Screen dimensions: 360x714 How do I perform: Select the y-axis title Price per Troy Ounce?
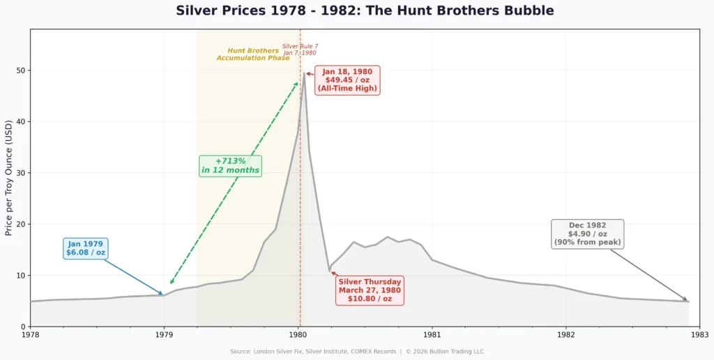tap(9, 177)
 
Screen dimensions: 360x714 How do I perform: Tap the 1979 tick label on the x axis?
tap(164, 336)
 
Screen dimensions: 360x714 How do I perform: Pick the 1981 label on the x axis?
tap(432, 336)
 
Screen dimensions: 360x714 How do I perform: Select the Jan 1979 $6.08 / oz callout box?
tap(86, 248)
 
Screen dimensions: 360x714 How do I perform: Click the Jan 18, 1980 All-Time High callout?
tap(347, 80)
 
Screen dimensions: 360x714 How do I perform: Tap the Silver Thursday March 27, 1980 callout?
tap(370, 290)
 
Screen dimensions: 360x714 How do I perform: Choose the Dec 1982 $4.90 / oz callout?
tap(587, 234)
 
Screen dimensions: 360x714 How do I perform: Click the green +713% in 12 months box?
tap(230, 165)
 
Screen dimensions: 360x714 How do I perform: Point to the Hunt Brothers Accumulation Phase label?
tap(253, 54)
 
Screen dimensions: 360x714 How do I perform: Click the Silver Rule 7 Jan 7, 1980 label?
tap(300, 50)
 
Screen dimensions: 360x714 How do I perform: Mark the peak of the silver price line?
tap(304, 73)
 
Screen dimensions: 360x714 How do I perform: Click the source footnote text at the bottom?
tap(357, 352)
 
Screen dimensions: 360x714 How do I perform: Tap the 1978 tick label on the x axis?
tap(30, 336)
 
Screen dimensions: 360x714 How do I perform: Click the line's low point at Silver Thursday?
tap(330, 271)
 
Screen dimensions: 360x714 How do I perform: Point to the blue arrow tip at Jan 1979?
tap(163, 295)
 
